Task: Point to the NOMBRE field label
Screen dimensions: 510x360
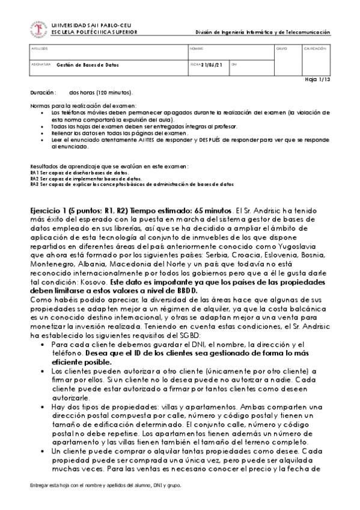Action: tap(197, 48)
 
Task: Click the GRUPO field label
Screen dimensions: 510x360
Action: tap(281, 48)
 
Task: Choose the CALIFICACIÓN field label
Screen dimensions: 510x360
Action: tap(315, 48)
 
